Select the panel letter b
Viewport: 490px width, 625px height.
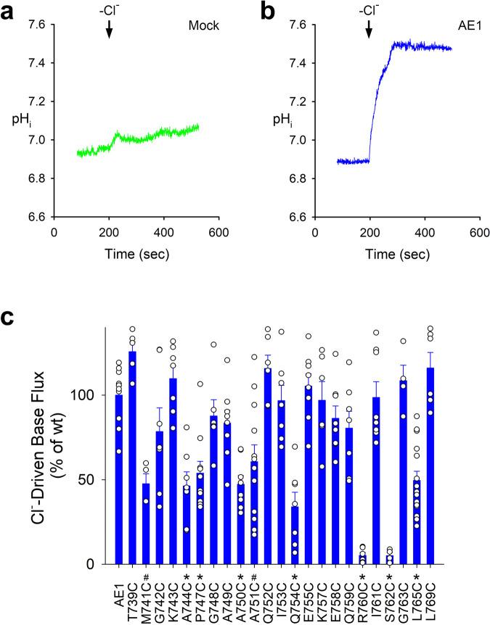click(268, 10)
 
